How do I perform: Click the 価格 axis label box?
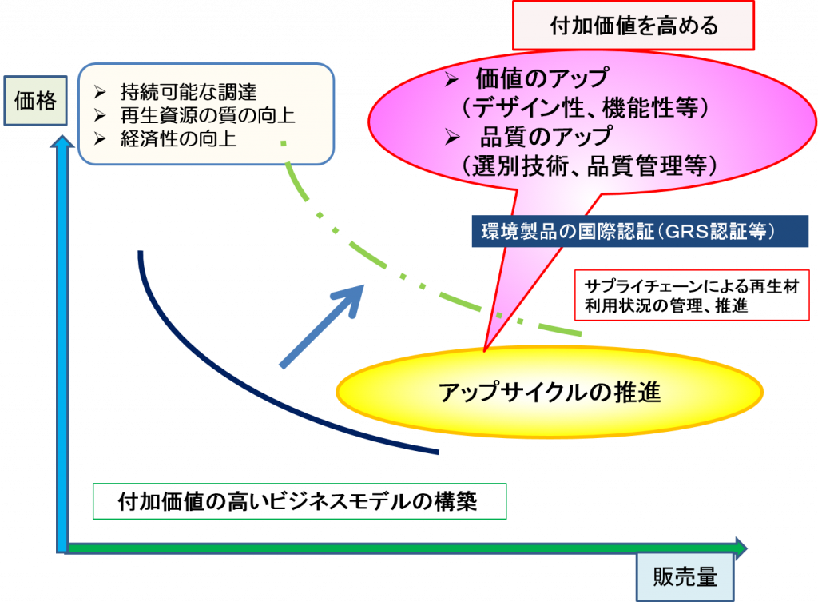(35, 100)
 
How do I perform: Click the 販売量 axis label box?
(685, 577)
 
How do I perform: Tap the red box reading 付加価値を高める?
(633, 26)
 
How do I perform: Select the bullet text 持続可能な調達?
(189, 92)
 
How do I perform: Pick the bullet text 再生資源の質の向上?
(208, 115)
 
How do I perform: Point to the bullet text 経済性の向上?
(178, 139)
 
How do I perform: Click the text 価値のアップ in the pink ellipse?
(542, 78)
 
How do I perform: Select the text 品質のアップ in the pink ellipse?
(546, 137)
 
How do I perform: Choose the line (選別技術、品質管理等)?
(589, 166)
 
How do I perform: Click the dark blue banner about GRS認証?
(640, 231)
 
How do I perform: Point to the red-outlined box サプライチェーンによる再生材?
(692, 295)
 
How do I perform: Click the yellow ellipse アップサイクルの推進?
(550, 392)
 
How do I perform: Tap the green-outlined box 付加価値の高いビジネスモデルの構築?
(300, 501)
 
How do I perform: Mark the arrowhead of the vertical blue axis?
(62, 141)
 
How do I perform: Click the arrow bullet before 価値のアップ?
(451, 79)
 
